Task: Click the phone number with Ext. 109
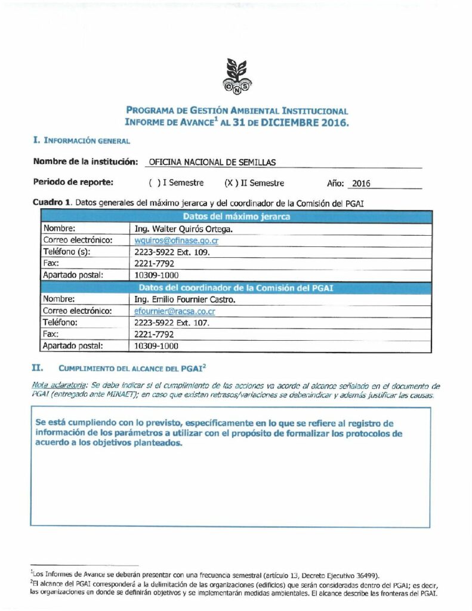pyautogui.click(x=172, y=252)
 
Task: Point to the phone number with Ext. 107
pyautogui.click(x=172, y=323)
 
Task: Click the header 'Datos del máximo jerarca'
pyautogui.click(x=236, y=217)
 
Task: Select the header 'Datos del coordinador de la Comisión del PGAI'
pyautogui.click(x=236, y=288)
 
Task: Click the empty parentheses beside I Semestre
pyautogui.click(x=155, y=183)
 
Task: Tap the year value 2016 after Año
pyautogui.click(x=361, y=184)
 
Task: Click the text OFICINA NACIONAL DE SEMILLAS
pyautogui.click(x=212, y=162)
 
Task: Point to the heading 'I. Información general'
pyautogui.click(x=81, y=141)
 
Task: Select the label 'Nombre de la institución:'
pyautogui.click(x=85, y=162)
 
